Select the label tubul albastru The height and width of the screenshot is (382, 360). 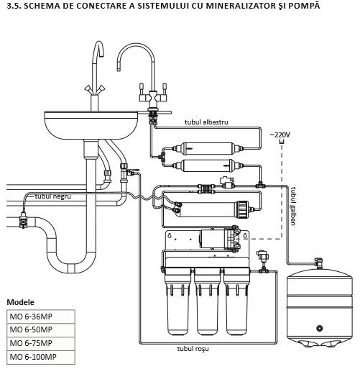tap(206, 122)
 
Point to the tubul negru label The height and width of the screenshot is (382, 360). tap(53, 196)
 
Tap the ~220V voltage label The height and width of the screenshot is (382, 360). tap(280, 135)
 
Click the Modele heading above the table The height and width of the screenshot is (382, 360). tap(20, 302)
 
